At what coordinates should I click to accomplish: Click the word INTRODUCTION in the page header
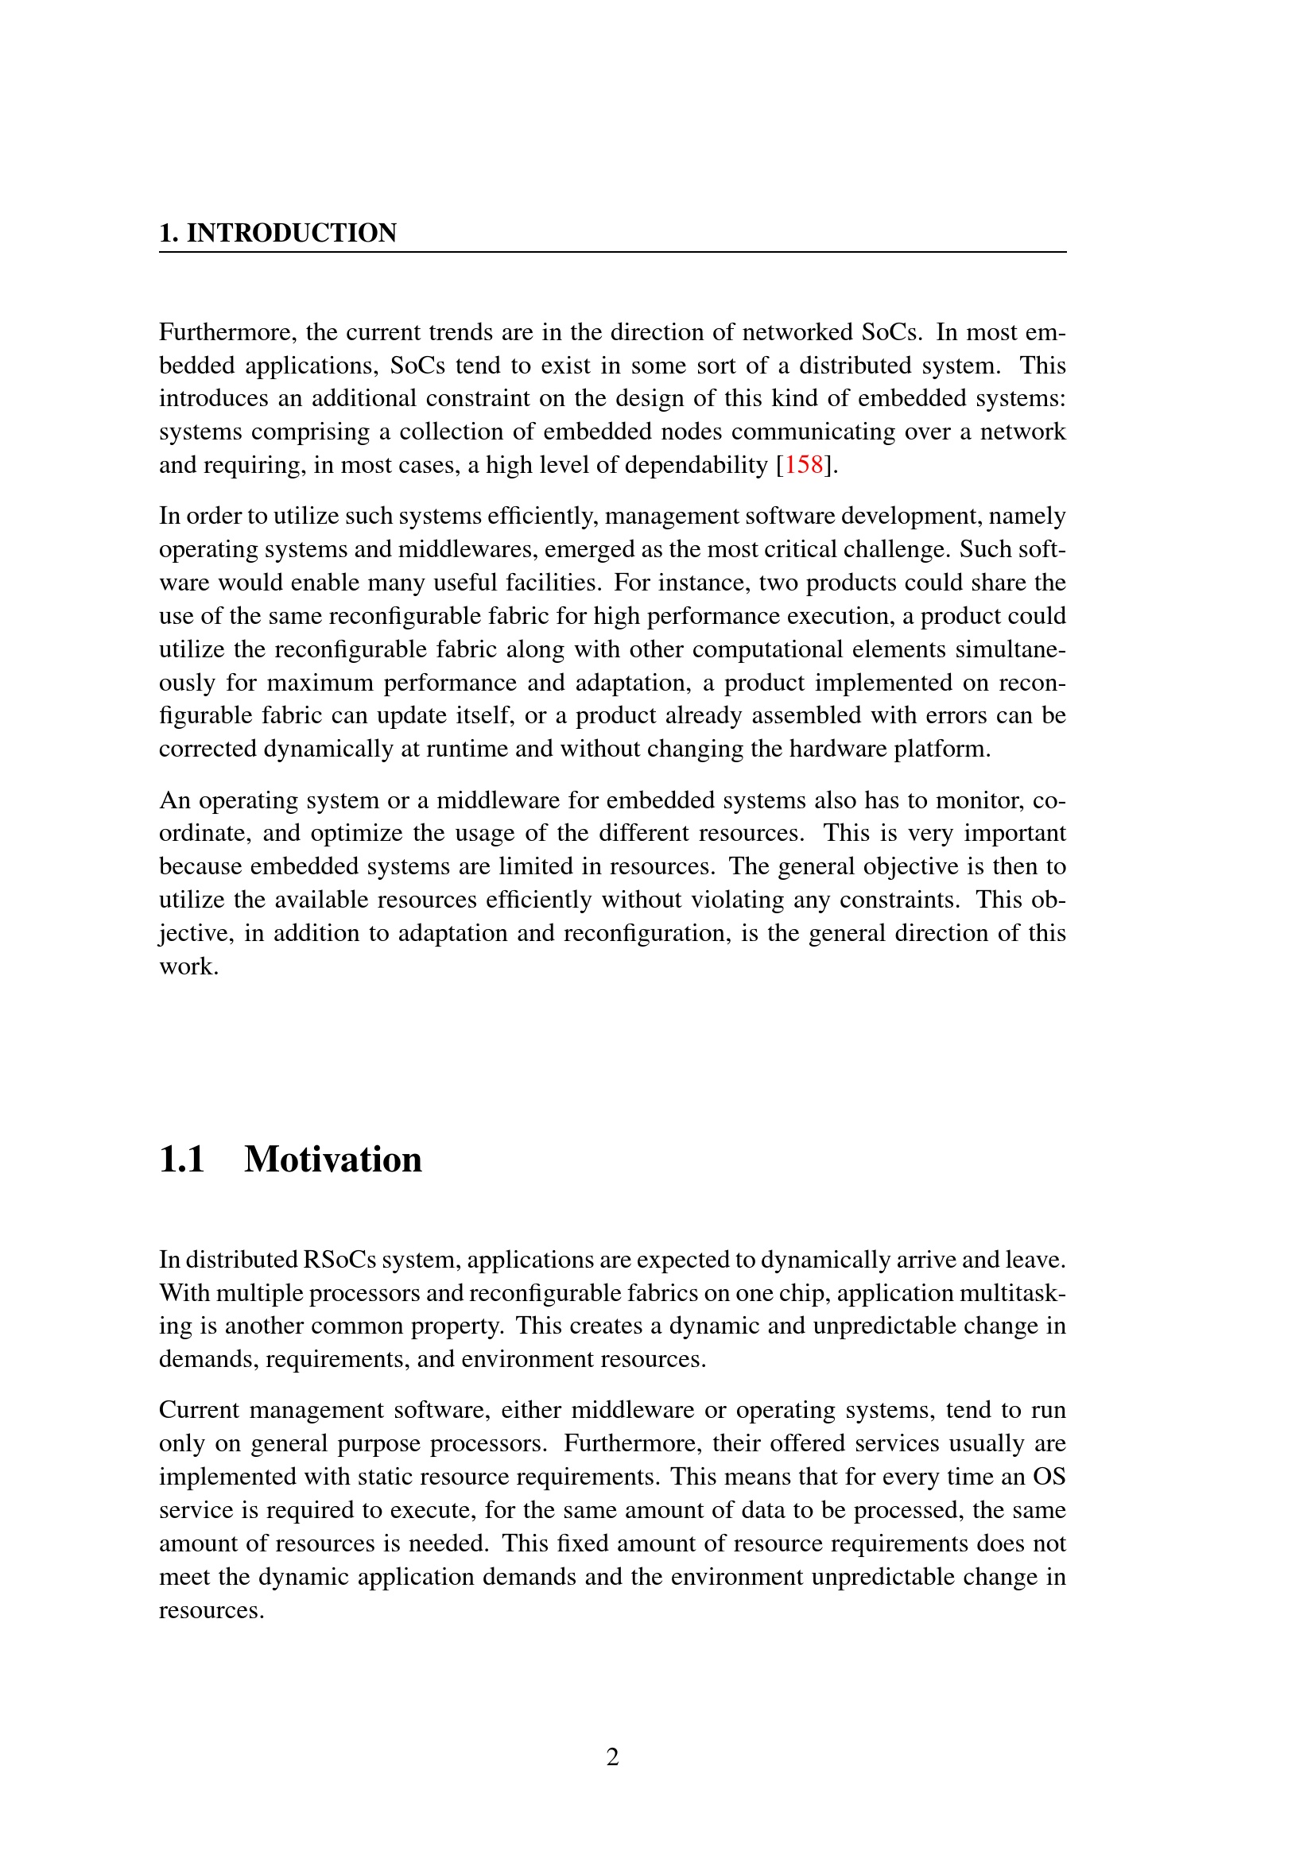coord(292,233)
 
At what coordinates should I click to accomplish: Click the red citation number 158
coord(803,465)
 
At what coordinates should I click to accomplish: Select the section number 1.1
coord(182,1160)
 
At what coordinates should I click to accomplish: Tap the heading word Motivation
coord(333,1160)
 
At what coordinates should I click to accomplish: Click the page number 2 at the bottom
coord(613,1756)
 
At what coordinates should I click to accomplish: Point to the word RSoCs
coord(339,1260)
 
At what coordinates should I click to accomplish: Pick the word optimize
coord(356,833)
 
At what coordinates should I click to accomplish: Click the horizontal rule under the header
coord(612,253)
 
